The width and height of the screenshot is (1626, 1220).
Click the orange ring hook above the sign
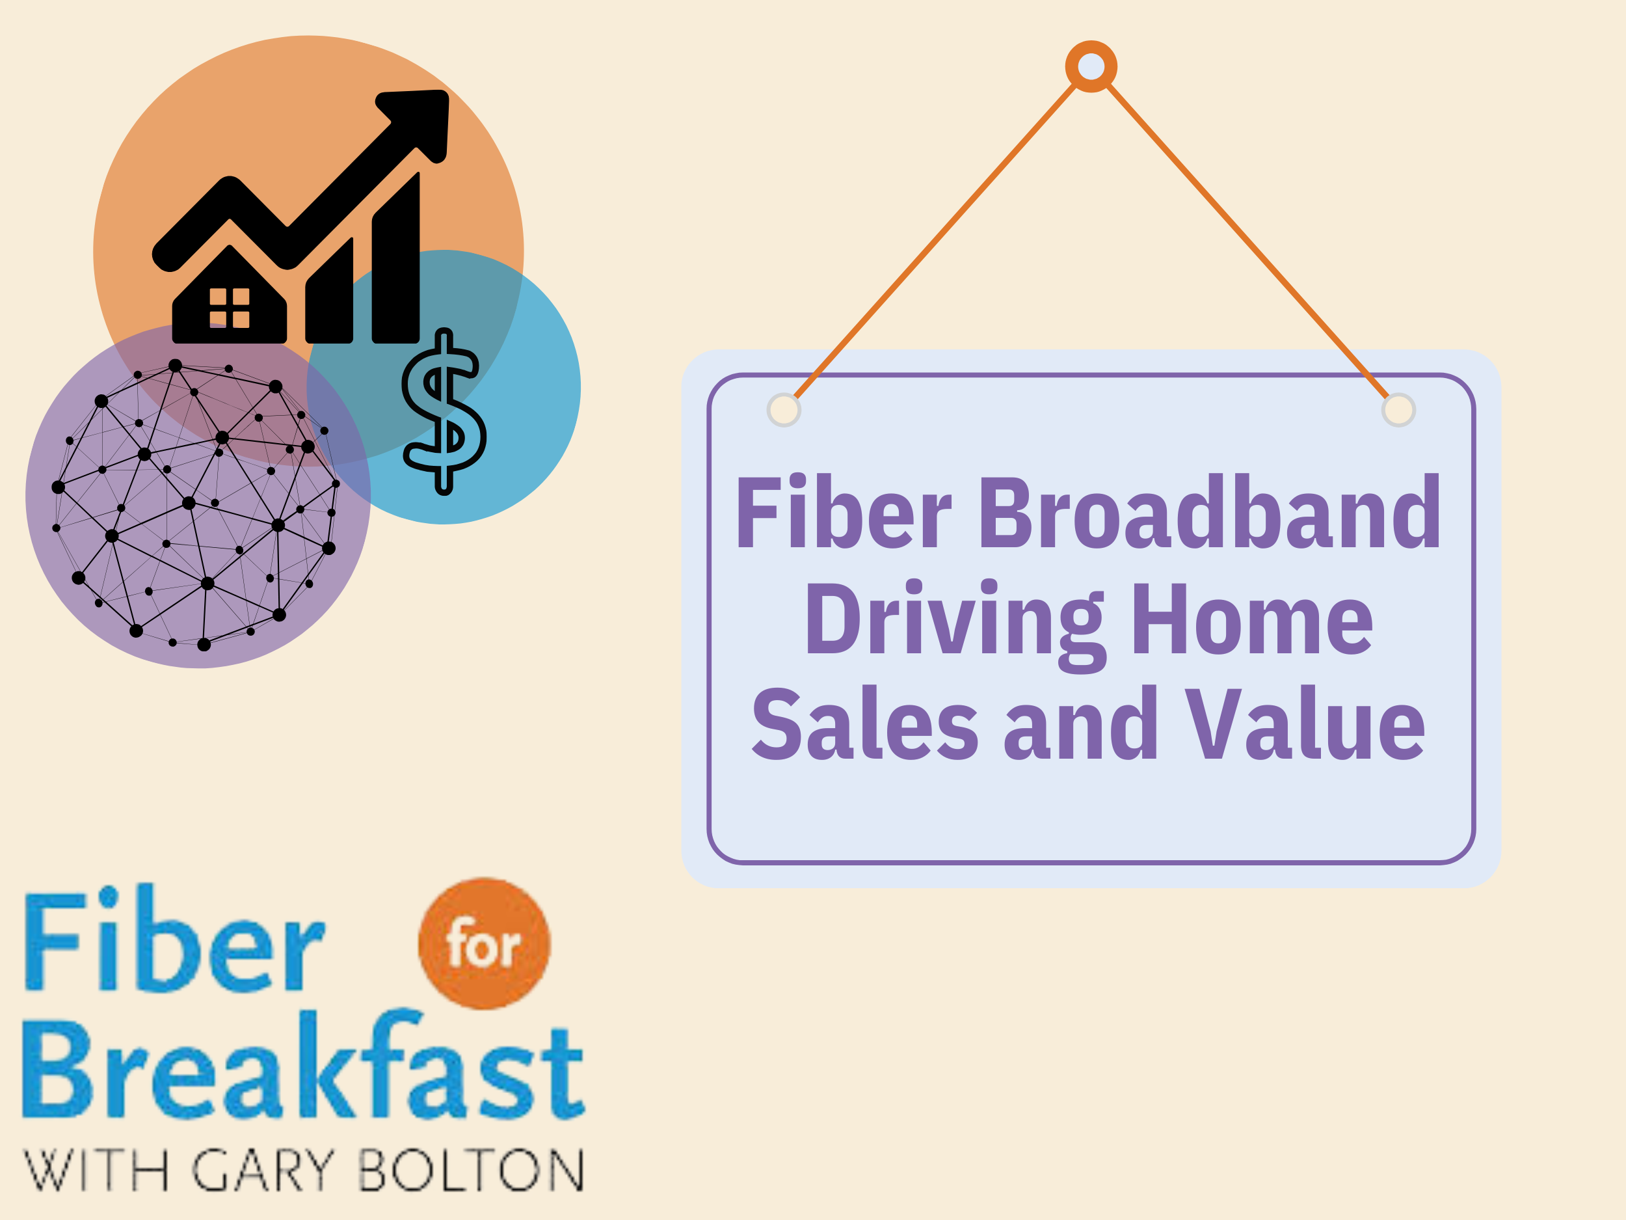coord(1091,67)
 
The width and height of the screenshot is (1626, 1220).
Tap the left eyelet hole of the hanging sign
coord(784,410)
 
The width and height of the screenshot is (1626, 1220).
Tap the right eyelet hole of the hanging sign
coord(1398,410)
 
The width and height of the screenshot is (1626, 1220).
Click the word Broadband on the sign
coord(1209,513)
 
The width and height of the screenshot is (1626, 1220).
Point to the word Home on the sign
coord(1252,619)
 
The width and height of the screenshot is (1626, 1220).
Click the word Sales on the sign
coord(864,725)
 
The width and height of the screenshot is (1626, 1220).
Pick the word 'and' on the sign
coord(1080,725)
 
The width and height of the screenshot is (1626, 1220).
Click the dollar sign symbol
coord(444,412)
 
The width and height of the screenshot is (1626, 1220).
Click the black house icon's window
coord(230,307)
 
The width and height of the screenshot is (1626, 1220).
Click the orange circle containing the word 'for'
coord(484,943)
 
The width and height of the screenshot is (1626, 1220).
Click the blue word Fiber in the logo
coord(174,942)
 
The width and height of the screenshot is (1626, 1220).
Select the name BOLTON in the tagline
coord(471,1171)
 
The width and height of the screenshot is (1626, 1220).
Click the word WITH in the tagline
coord(96,1171)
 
